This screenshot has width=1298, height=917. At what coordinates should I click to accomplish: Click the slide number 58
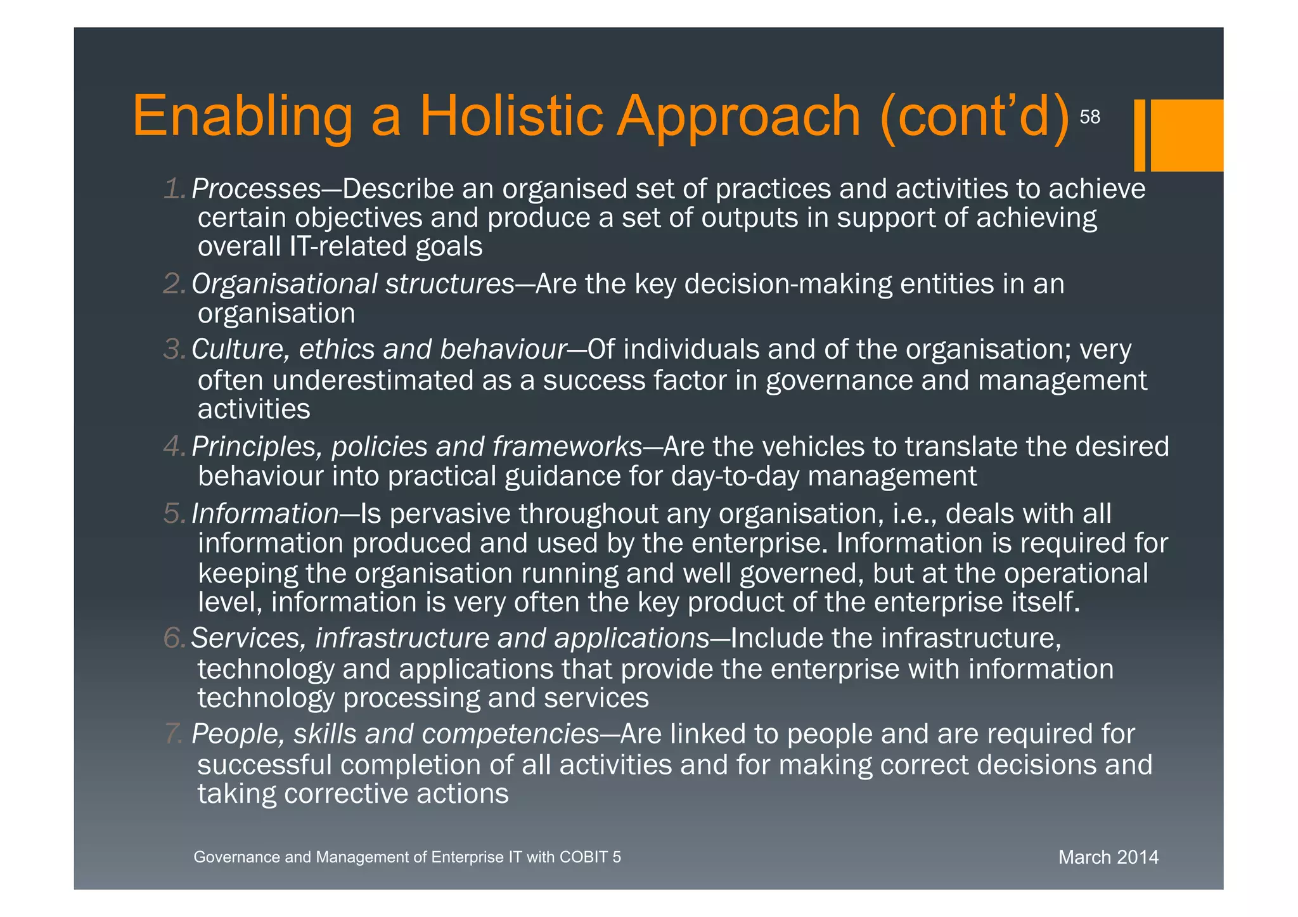tap(1089, 117)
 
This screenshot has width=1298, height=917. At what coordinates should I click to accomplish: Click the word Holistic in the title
tap(511, 116)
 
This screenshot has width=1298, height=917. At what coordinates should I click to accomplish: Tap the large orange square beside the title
tap(1186, 135)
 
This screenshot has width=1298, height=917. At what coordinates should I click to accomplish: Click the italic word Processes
tap(256, 189)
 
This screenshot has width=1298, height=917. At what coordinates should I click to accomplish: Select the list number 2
tap(174, 285)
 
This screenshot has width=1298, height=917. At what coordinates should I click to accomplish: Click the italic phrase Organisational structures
tap(353, 285)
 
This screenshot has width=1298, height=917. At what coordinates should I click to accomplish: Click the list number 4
tap(174, 447)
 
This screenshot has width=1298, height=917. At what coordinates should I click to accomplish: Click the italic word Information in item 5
tap(265, 514)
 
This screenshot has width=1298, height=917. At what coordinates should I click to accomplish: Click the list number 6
tap(174, 638)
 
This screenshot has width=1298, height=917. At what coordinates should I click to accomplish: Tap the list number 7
tap(174, 734)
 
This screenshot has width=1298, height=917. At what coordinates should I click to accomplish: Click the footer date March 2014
tap(1108, 857)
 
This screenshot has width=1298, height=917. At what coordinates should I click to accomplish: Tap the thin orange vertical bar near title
tap(1140, 135)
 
